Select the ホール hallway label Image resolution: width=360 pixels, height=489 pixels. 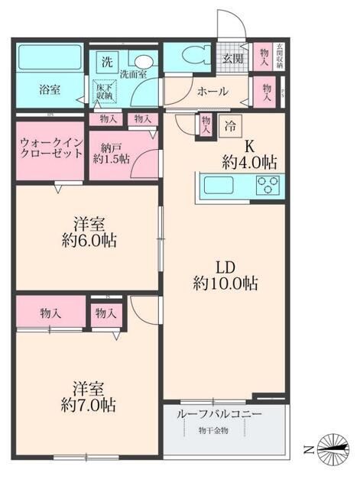coord(212,92)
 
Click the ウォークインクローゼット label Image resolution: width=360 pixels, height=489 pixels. coord(47,147)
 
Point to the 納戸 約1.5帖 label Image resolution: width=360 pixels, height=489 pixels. coord(111,151)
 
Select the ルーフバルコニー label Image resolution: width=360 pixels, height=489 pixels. coord(219,414)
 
